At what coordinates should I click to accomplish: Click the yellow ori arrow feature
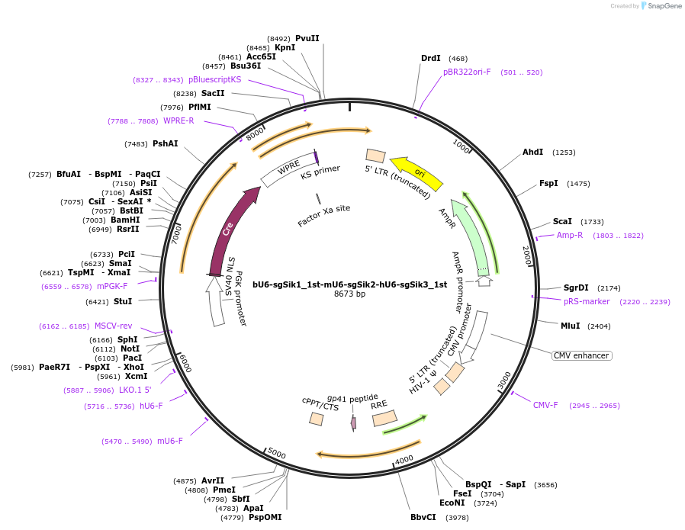416,175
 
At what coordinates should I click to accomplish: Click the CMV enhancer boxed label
582,355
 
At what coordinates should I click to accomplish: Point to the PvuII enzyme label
307,38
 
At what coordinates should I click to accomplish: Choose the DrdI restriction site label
431,58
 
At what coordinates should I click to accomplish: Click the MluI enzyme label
570,326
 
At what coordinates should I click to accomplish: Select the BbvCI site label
423,517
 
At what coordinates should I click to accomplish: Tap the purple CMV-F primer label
545,405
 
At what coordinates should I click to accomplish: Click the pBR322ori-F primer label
467,72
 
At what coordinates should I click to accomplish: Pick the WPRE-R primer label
178,120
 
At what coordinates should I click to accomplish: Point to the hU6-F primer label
151,406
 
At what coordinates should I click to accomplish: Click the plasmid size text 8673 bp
350,294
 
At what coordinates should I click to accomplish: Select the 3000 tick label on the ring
504,379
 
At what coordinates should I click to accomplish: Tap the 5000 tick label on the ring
277,455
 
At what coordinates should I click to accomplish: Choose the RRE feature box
384,418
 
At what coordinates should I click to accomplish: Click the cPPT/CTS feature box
316,419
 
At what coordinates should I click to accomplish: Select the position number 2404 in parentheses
599,326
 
